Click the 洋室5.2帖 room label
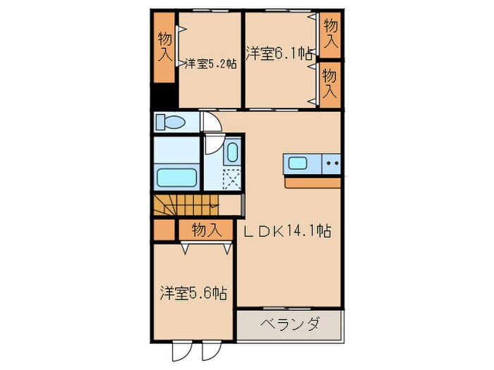coord(210,63)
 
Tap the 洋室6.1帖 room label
coord(279,53)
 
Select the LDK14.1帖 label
coord(288,230)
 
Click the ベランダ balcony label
coord(289,326)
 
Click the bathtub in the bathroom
coord(176,177)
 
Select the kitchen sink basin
coord(298,165)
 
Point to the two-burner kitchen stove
coord(332,165)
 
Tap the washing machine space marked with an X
coord(231,178)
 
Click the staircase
coord(185,206)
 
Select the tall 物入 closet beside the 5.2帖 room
coord(164,48)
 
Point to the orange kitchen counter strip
coord(313,183)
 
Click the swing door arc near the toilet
coord(212,122)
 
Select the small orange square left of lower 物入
coord(164,230)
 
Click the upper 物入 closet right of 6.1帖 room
coord(330,33)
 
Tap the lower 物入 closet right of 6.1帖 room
coord(330,83)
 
